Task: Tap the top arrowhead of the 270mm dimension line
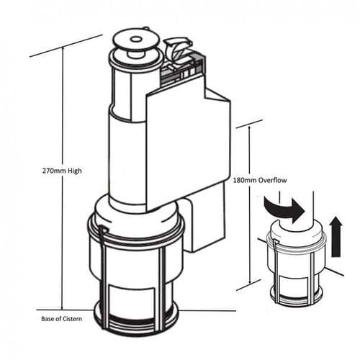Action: [63, 50]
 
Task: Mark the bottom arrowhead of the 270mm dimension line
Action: [63, 305]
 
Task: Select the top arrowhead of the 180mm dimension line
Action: [249, 128]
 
